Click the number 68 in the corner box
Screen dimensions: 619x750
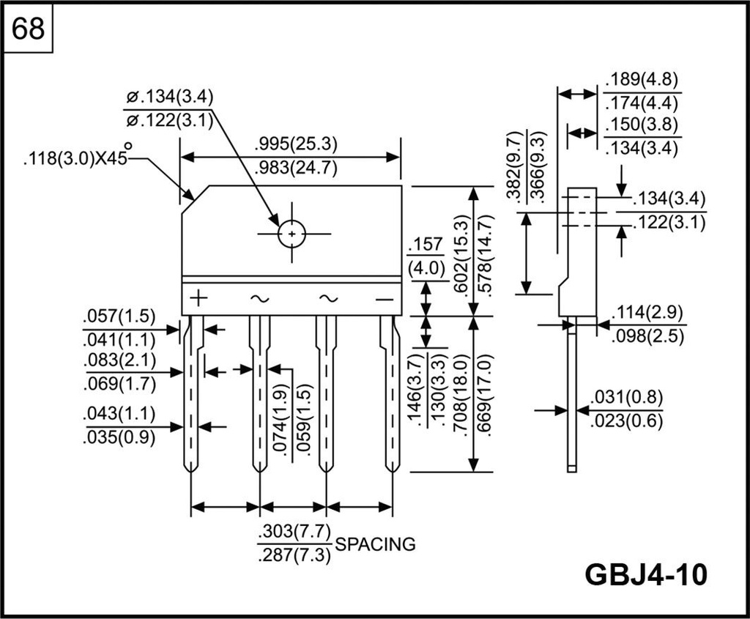(x=29, y=29)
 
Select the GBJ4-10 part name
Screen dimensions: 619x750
(x=647, y=574)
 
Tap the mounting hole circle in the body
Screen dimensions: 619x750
(x=292, y=234)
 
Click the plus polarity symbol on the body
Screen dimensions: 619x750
(x=199, y=298)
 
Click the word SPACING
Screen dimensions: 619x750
(x=375, y=544)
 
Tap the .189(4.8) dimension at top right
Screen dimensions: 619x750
(x=642, y=80)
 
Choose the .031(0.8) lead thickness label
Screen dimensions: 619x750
(x=626, y=397)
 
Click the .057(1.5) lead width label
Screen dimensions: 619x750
(x=119, y=316)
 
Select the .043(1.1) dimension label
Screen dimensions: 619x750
(x=119, y=413)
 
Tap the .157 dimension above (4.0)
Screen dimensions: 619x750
(x=426, y=245)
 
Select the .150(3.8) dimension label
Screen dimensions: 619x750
(x=642, y=123)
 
